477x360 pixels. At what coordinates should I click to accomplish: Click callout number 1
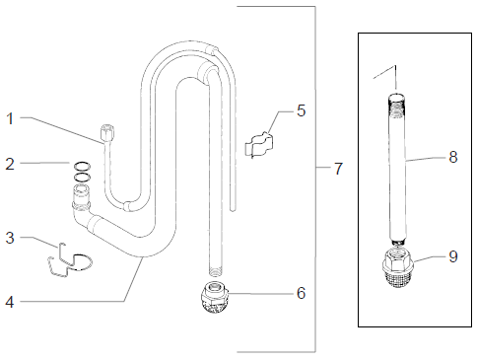click(x=11, y=118)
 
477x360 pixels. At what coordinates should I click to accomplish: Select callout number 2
click(x=11, y=164)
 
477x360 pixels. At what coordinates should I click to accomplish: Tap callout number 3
click(x=11, y=237)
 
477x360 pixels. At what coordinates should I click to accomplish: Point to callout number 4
click(x=11, y=301)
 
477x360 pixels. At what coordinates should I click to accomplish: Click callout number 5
click(x=301, y=109)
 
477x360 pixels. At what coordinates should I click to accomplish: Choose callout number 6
click(x=301, y=293)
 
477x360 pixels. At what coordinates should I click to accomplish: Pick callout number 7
click(x=338, y=169)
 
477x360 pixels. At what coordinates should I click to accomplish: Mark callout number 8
click(x=452, y=156)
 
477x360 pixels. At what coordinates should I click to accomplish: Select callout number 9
click(x=452, y=256)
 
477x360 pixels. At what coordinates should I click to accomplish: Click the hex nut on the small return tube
click(x=107, y=130)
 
